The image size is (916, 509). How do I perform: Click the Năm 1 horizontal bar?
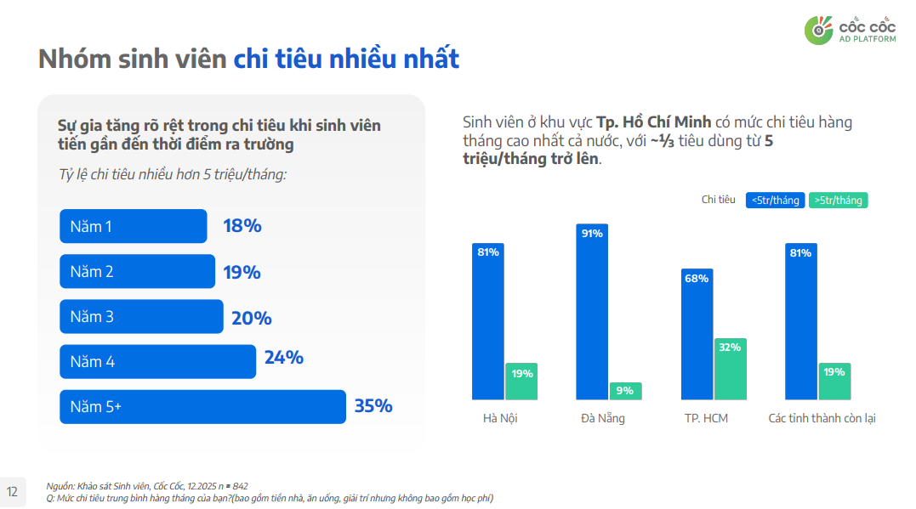coord(133,227)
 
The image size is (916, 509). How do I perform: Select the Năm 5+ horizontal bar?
coord(202,407)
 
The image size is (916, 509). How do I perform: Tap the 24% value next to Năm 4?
coord(283,358)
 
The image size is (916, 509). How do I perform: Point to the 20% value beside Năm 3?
coord(251,318)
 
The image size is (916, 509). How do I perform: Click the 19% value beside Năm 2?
coord(242,273)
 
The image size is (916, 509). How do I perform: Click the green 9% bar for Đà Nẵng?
coord(625,391)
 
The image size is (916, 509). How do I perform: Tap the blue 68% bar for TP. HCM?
coord(697,335)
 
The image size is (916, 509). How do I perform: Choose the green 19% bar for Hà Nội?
coord(522,382)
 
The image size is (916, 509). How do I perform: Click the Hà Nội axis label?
coord(500,419)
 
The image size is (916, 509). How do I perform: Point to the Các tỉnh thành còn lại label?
coord(822,419)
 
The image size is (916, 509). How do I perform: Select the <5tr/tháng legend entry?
coord(775,201)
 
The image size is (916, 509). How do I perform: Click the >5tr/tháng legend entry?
coord(838,201)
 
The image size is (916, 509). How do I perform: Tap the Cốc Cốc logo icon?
coord(819,30)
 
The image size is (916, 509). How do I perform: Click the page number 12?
coord(13,491)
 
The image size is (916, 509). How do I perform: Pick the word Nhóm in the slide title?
coord(67,59)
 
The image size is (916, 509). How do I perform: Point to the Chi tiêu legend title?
coord(718,201)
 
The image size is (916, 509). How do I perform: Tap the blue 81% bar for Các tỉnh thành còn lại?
coord(800,321)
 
